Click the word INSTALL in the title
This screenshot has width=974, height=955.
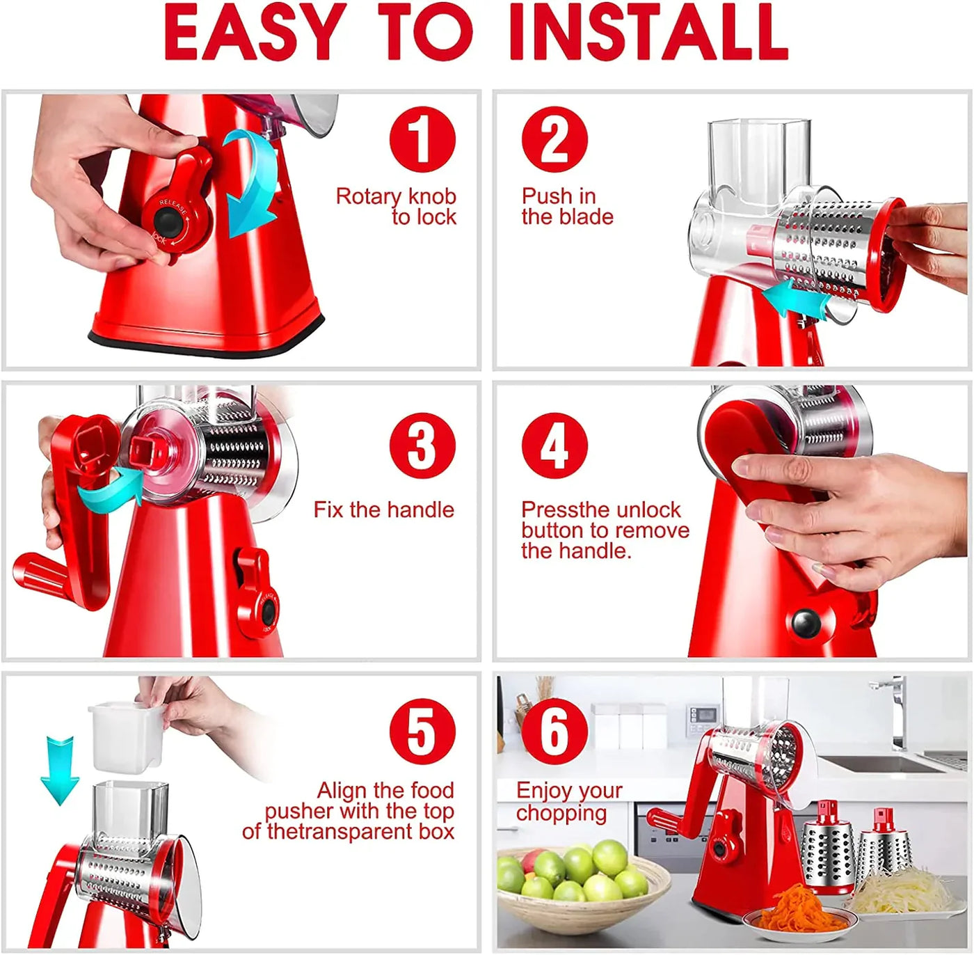[648, 33]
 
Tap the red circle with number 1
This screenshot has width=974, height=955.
[422, 139]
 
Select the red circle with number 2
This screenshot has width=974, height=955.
[554, 139]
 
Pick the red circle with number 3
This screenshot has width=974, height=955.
[422, 445]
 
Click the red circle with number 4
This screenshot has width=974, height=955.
[554, 445]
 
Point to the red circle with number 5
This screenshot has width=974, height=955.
[422, 732]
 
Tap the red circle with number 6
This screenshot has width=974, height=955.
[554, 732]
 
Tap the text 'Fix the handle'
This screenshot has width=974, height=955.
[383, 510]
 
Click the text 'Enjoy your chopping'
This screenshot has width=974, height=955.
[568, 802]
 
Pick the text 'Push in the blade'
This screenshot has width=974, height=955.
[566, 207]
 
